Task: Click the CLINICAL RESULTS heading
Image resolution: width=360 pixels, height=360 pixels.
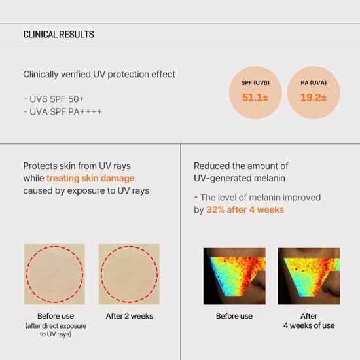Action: pyautogui.click(x=58, y=35)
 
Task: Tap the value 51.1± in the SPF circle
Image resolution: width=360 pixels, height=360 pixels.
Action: pyautogui.click(x=256, y=98)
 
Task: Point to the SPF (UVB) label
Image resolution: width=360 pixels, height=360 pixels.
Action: pyautogui.click(x=256, y=82)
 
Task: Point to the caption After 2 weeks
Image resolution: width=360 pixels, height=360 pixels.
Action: pyautogui.click(x=129, y=316)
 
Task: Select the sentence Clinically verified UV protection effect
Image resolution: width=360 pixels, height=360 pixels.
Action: pyautogui.click(x=99, y=74)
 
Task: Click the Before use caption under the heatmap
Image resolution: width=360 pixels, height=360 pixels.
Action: pyautogui.click(x=234, y=316)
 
